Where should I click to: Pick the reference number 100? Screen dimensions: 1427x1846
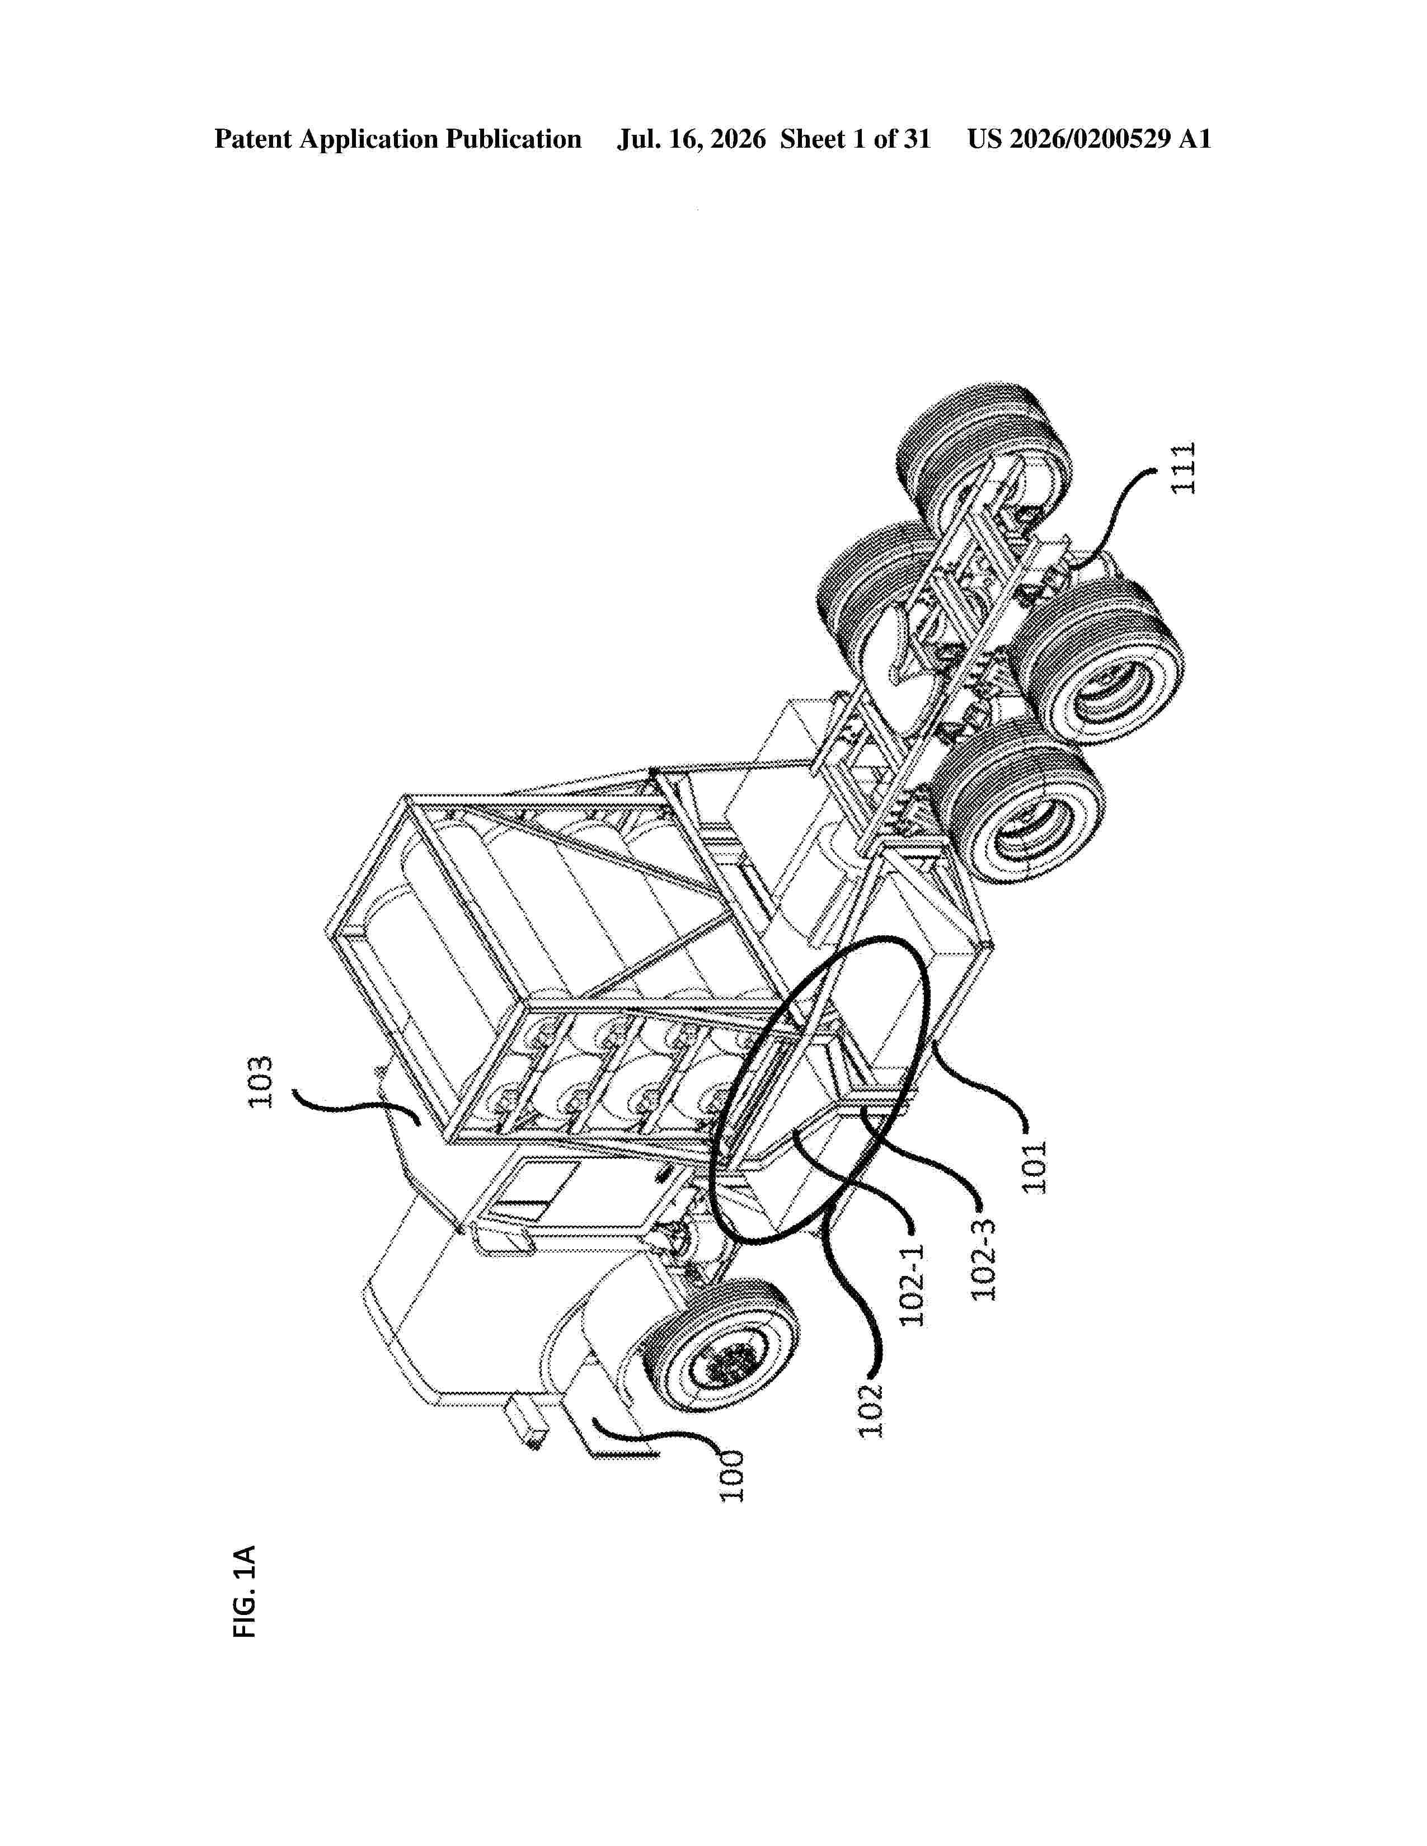coord(732,1476)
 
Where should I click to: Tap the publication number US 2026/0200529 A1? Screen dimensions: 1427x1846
coord(1090,139)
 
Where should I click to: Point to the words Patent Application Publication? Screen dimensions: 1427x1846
coord(398,139)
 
